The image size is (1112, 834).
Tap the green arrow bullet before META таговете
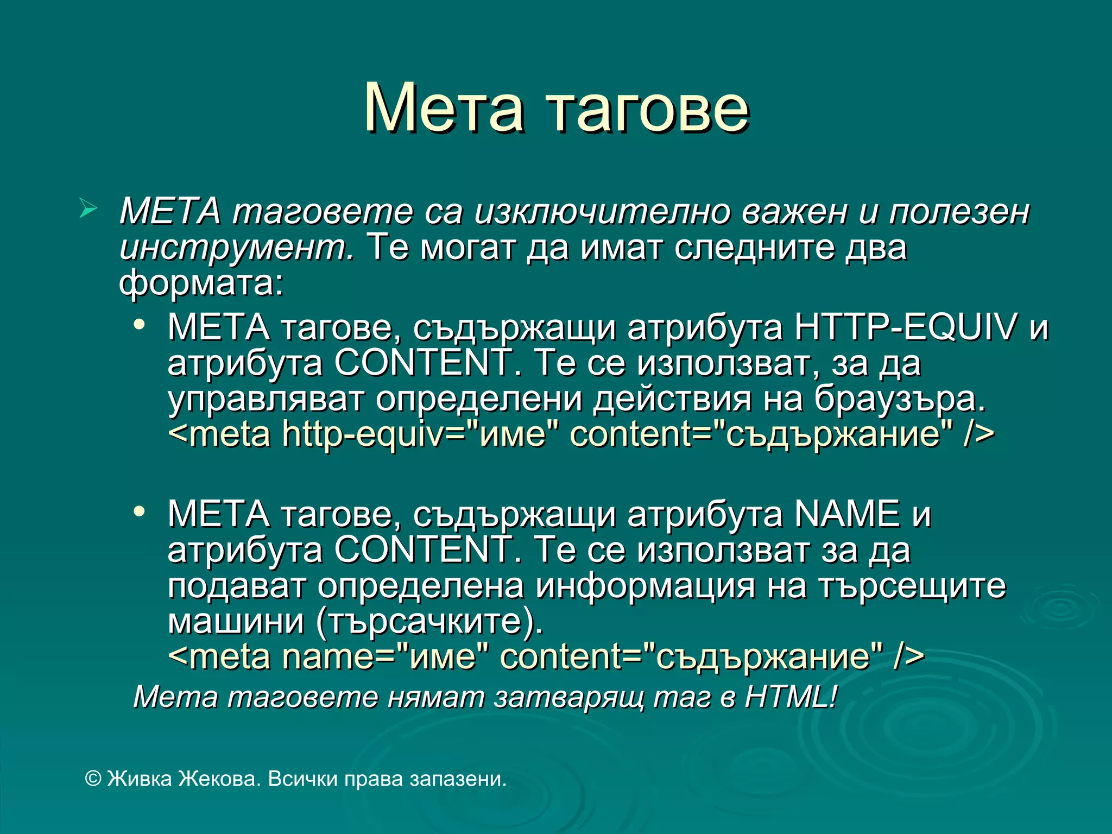coord(88,208)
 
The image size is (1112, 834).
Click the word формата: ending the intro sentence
coord(201,283)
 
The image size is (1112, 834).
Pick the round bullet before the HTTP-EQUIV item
coord(140,325)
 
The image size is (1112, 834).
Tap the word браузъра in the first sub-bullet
coord(899,400)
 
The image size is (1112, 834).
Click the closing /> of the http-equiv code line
coord(978,435)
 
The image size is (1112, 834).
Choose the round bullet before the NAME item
coord(140,511)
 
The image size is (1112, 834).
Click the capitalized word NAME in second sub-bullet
coord(847,514)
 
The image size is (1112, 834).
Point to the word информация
coord(645,586)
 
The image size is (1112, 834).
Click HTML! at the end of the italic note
coord(791,697)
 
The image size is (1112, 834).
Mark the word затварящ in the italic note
coord(569,698)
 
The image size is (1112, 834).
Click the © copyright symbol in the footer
coord(93,779)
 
